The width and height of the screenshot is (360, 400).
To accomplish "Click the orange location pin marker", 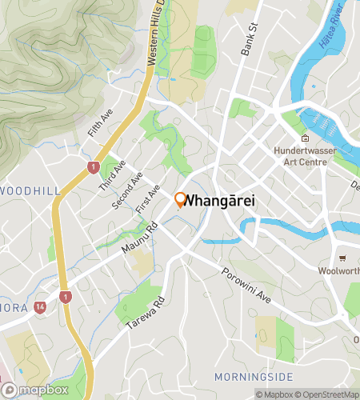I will [x=181, y=200].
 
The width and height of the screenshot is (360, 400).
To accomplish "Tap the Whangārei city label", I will [x=220, y=202].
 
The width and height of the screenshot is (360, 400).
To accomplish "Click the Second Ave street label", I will [x=127, y=190].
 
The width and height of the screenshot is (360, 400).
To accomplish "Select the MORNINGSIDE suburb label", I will [x=254, y=377].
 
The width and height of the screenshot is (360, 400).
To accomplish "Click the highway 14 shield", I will [x=40, y=306].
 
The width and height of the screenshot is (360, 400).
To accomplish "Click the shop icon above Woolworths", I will [x=342, y=258].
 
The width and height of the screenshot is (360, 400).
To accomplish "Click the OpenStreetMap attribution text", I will [x=330, y=394].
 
